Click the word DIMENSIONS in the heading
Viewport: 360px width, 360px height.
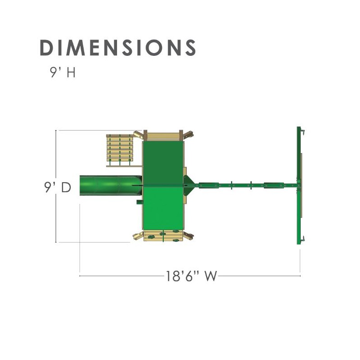tap(118, 48)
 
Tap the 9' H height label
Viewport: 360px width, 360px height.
tap(63, 72)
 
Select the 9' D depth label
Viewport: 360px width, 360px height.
tap(58, 187)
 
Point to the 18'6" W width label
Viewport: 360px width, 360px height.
tap(191, 276)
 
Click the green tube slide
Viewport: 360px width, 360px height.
tap(111, 185)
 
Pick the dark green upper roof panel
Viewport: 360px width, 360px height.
tap(163, 162)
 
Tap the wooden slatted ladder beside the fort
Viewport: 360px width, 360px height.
tap(120, 148)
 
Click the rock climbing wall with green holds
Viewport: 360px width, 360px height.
tap(163, 236)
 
